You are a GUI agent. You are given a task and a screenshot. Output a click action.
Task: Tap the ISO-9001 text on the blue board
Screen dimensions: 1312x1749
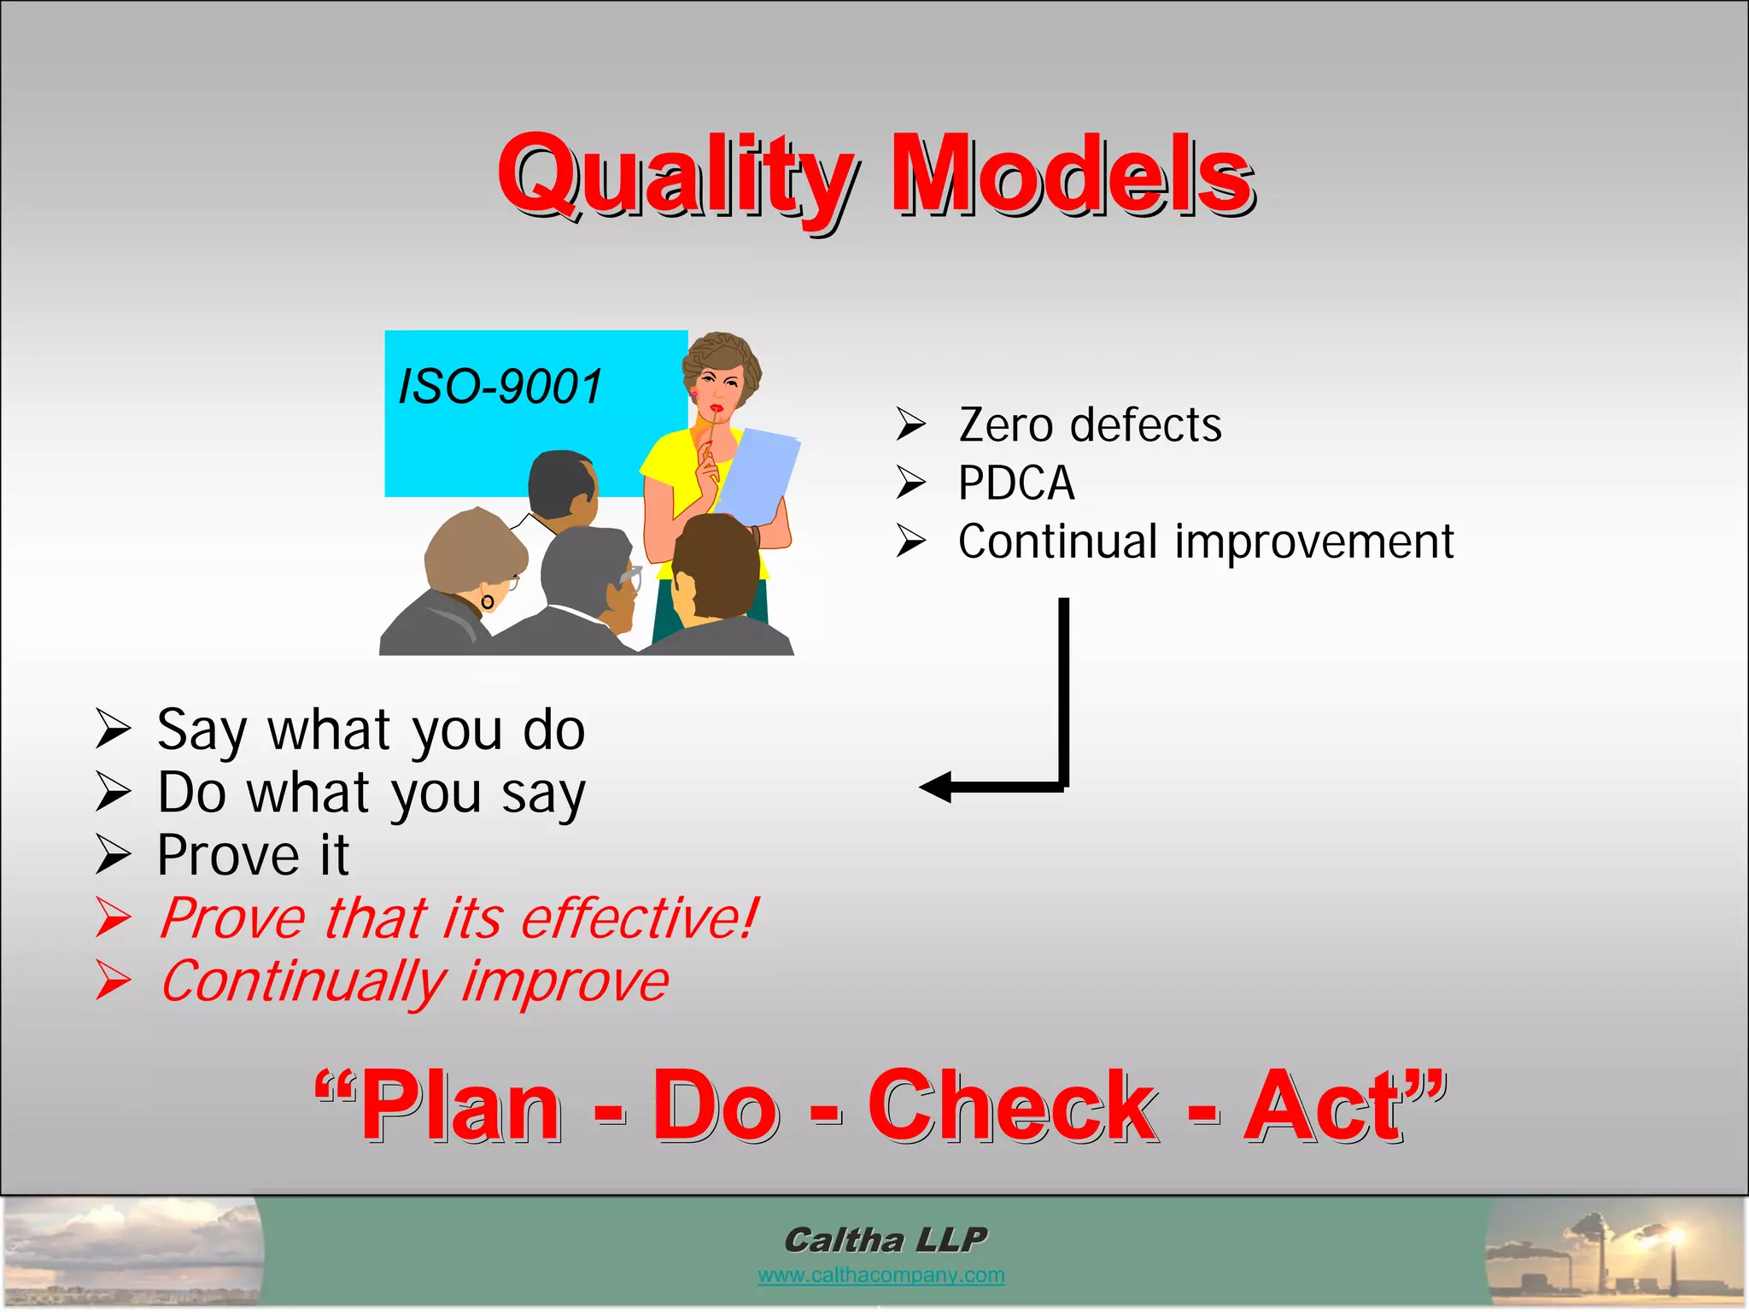(500, 386)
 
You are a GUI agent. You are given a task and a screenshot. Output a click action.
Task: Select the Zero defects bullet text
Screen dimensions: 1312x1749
(1090, 425)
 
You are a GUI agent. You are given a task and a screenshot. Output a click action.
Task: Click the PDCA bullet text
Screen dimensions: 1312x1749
(1016, 483)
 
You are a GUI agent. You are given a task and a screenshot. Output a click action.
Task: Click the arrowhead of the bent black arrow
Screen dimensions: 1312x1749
(935, 787)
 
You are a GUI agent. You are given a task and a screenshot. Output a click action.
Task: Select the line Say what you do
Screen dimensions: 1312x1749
(371, 730)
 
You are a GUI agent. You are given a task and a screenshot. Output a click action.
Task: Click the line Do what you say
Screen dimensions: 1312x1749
(371, 793)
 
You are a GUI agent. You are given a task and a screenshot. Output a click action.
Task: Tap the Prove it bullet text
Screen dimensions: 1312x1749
(253, 855)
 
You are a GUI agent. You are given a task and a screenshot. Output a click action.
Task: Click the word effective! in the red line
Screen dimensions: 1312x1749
(639, 918)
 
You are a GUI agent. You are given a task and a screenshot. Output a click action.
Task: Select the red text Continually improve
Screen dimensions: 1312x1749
(414, 981)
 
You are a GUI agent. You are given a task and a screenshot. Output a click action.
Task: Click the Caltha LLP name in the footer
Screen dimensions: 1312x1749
(885, 1239)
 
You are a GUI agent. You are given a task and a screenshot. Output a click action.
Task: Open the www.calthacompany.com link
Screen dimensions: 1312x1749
(880, 1275)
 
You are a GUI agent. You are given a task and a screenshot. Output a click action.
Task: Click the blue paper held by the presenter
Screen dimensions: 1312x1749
(758, 474)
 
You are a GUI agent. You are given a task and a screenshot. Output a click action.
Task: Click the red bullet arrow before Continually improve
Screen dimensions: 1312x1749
(113, 981)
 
